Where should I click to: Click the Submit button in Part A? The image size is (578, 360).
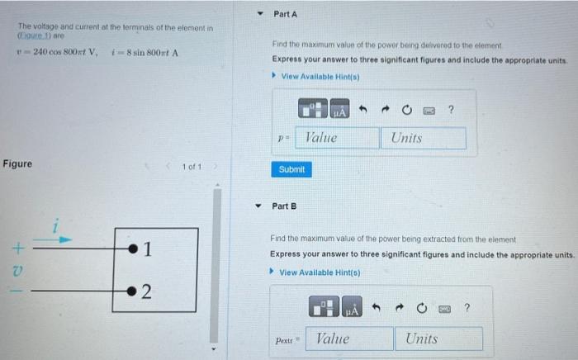tap(291, 169)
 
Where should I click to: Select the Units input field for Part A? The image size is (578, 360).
tap(423, 138)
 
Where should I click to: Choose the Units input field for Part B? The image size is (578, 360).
tap(441, 339)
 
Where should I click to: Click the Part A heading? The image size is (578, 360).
tap(285, 14)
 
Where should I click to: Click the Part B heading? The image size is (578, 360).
tap(284, 206)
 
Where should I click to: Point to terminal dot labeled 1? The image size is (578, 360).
tap(132, 247)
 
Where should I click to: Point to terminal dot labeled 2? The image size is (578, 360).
tap(132, 291)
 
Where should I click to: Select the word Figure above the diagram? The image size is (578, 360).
tap(17, 163)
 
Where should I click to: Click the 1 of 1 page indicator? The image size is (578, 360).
tap(192, 167)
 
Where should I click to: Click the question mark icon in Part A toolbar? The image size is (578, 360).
tap(451, 110)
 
